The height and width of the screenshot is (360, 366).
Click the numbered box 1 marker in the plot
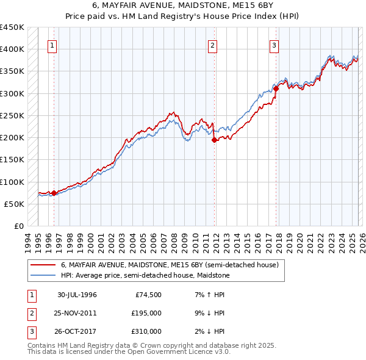(52, 45)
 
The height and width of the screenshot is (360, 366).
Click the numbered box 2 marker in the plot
(212, 45)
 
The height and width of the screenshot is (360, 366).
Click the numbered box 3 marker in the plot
(274, 45)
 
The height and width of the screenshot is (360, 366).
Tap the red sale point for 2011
(214, 140)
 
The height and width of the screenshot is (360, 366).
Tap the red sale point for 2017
(276, 88)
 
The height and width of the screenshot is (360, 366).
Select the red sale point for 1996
(54, 193)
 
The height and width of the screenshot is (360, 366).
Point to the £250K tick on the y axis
(12, 115)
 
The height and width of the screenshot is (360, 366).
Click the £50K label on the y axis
(15, 204)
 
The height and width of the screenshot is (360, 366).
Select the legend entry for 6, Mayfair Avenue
(170, 265)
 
